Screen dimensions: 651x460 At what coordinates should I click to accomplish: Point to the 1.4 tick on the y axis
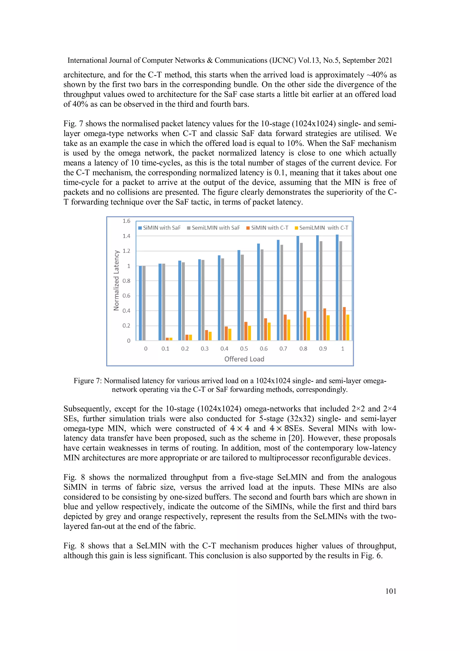pyautogui.click(x=126, y=236)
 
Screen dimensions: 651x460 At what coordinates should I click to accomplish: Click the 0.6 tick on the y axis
pyautogui.click(x=126, y=296)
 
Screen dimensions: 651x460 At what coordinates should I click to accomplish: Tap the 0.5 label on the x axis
pyautogui.click(x=244, y=349)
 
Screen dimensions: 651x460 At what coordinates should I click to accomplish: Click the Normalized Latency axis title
pyautogui.click(x=116, y=280)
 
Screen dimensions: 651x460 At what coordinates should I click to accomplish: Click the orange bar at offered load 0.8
pyautogui.click(x=305, y=326)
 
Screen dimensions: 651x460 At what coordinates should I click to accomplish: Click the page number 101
pyautogui.click(x=391, y=591)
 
